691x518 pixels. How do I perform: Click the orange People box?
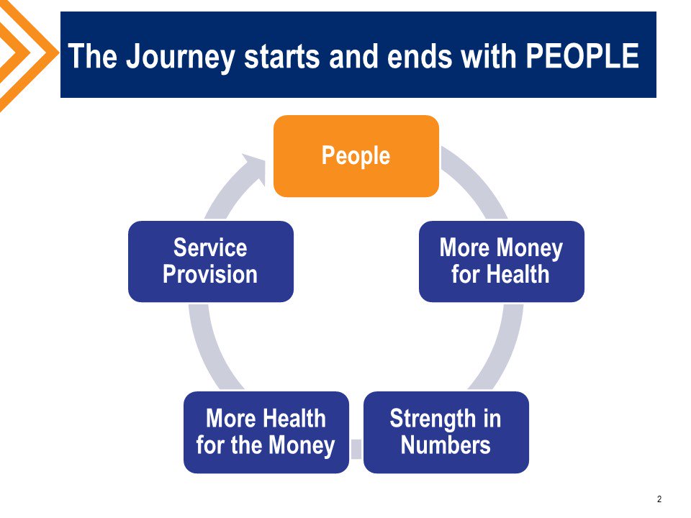356,156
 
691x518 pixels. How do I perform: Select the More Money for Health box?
501,261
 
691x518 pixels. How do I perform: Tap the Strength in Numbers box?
446,432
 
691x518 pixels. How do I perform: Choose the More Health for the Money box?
266,432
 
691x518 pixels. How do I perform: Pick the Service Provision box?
210,261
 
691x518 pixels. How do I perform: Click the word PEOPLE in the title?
582,56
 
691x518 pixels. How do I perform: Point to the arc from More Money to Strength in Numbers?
503,345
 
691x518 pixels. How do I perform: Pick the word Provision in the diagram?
210,275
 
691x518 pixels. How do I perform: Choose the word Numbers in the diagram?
446,445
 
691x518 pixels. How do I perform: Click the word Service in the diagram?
210,248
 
